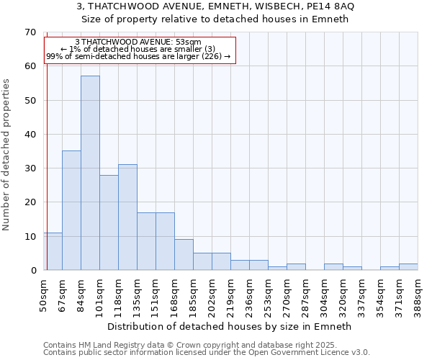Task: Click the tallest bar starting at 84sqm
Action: point(90,173)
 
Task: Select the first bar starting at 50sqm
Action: point(53,251)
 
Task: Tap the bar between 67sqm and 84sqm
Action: point(71,210)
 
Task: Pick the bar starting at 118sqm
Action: point(127,217)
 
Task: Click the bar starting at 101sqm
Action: point(109,222)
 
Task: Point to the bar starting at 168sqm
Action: point(184,255)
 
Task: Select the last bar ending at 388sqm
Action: point(408,266)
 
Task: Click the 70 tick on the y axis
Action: point(30,32)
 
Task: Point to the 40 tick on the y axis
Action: point(30,135)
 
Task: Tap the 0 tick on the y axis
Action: point(33,271)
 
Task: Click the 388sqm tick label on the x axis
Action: point(418,295)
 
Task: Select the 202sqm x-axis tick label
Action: point(212,295)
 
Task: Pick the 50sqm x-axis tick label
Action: point(44,295)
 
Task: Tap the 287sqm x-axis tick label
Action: point(306,295)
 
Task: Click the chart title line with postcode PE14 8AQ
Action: point(215,6)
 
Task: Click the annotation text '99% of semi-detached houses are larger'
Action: point(138,56)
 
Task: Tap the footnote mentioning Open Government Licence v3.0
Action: point(207,353)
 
